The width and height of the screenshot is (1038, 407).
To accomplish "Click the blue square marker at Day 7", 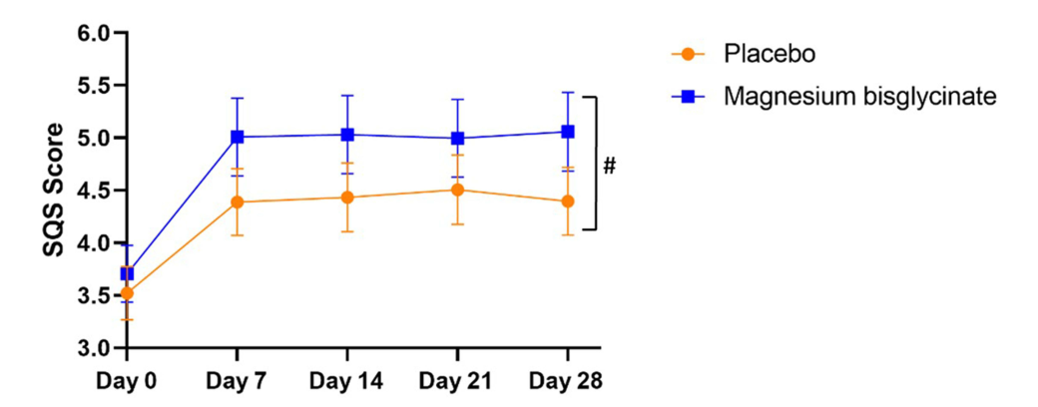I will [238, 137].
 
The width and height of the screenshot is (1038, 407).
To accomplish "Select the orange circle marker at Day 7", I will [238, 203].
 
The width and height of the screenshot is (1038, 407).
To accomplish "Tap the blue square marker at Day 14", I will [347, 135].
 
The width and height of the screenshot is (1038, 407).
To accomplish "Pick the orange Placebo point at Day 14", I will [347, 198].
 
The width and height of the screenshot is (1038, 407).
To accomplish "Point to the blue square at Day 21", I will [457, 139].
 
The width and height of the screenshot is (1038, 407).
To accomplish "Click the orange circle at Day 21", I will [457, 190].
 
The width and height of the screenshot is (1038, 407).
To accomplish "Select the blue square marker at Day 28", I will [568, 132].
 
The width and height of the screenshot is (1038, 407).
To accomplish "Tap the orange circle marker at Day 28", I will [568, 202].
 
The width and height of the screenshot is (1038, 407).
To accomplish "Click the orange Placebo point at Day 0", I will [127, 293].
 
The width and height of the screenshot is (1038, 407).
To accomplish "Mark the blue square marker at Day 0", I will [127, 273].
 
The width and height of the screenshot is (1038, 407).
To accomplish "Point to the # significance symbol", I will [609, 165].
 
